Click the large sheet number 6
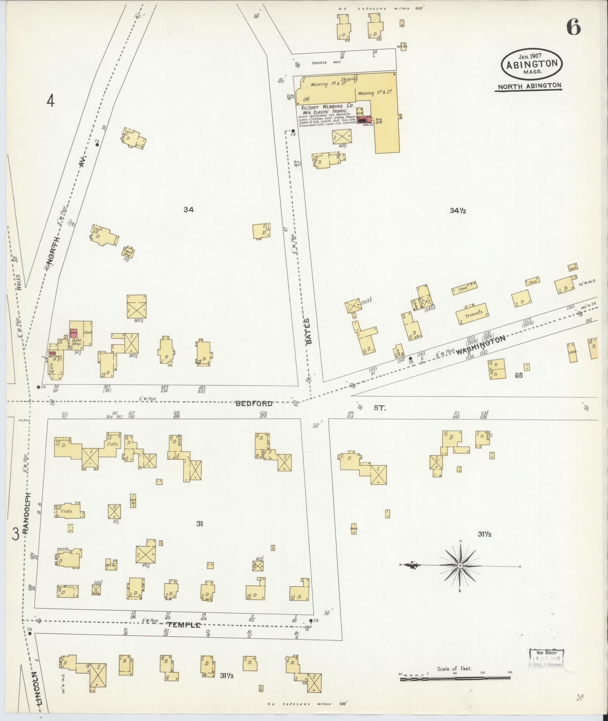573,27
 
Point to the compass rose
460,566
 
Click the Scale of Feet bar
456,678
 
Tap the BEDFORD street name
254,404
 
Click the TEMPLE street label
184,625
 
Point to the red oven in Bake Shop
74,333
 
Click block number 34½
458,211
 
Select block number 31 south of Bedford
199,524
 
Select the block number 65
519,375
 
